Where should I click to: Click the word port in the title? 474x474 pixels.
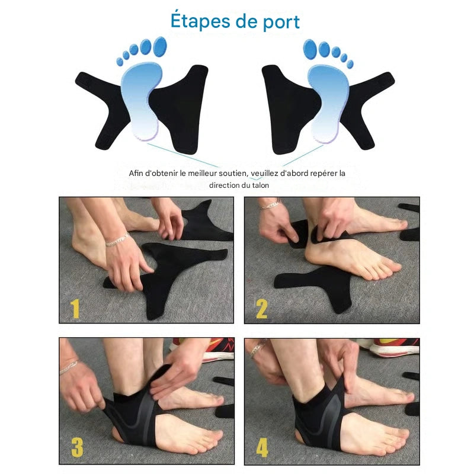(x=279, y=23)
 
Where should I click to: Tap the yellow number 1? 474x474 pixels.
(x=75, y=309)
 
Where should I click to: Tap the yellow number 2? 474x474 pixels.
(x=262, y=309)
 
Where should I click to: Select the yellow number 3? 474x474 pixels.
(x=77, y=447)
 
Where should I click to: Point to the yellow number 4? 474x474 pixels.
(x=262, y=447)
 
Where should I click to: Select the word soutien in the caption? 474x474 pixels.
(x=233, y=174)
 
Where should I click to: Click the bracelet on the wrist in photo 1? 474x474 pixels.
(x=117, y=241)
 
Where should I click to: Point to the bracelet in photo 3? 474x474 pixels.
(x=69, y=367)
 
